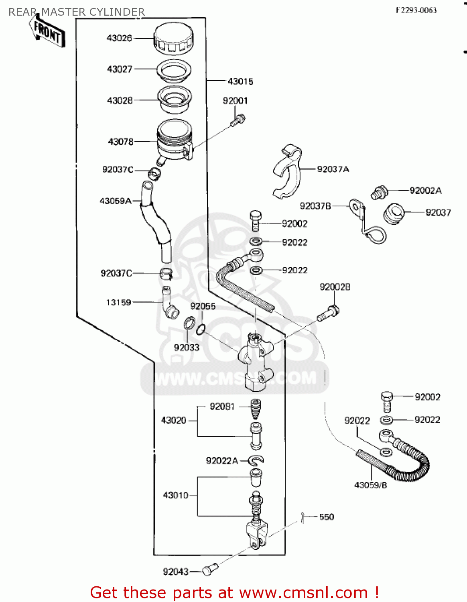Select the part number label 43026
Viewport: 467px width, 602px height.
119,38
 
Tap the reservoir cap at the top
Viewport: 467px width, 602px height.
173,39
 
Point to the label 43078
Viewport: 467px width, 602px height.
120,142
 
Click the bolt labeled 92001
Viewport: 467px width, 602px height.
238,120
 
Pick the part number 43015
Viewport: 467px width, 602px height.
240,81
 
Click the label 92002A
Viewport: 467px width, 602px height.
425,191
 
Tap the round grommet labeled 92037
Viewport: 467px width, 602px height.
394,214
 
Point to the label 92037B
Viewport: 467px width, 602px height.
315,206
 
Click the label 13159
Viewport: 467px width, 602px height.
118,302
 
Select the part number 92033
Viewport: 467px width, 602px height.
187,348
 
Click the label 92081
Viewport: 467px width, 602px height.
222,407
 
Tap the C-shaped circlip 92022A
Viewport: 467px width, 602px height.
256,460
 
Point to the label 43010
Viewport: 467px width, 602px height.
175,495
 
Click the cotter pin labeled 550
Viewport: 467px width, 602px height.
304,518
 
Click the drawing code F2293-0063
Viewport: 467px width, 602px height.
416,10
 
